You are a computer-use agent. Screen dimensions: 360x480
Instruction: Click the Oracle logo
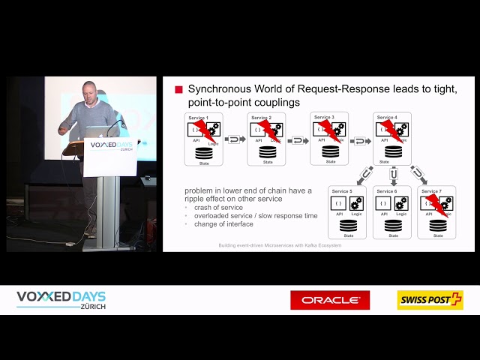330,300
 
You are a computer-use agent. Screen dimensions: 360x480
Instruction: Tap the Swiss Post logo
430,300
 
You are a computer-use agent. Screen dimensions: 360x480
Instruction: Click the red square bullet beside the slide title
178,90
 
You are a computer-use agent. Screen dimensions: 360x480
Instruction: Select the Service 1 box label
198,118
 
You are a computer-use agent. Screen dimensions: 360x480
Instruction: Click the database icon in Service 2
267,152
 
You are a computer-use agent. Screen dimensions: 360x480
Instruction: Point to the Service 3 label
324,117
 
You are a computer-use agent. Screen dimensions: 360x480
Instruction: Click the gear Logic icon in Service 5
356,203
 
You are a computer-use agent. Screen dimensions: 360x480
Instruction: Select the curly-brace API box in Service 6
383,203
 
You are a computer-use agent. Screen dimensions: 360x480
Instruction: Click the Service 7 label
430,191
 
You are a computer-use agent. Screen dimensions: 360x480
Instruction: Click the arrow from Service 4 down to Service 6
393,175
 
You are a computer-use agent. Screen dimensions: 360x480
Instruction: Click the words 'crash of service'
218,208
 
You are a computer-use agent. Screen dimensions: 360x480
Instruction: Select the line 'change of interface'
223,224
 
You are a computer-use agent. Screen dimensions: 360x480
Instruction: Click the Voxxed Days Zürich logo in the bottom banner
62,300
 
